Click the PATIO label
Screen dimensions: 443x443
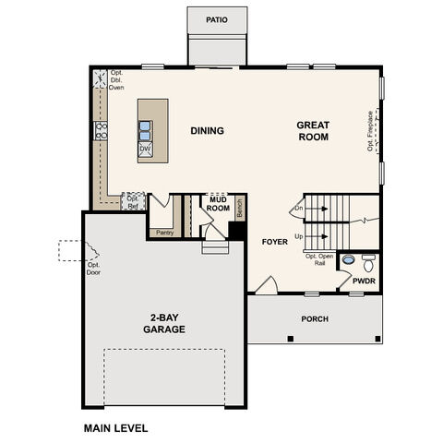coord(217,18)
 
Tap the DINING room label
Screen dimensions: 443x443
coord(208,130)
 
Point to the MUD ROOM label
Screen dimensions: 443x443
coord(218,203)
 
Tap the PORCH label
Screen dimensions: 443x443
coord(315,319)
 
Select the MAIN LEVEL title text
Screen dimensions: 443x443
coord(115,428)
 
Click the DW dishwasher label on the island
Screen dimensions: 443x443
coord(145,148)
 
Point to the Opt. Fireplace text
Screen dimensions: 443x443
coord(371,132)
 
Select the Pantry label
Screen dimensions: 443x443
coord(164,233)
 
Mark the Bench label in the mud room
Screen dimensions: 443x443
coord(239,210)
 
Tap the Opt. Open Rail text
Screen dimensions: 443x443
coord(318,259)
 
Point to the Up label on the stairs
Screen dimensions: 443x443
coord(298,236)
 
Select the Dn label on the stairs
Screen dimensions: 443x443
coord(298,210)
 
